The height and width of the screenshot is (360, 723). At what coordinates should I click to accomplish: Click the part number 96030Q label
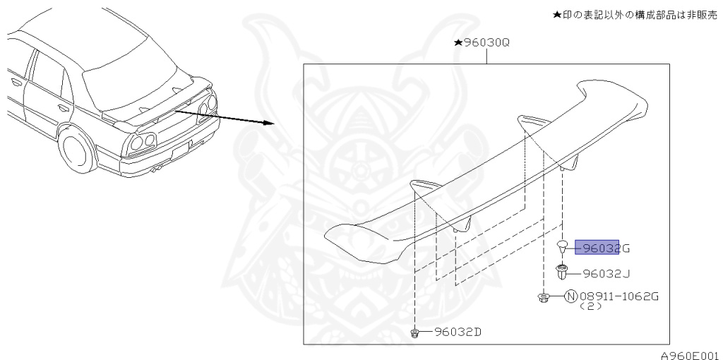(x=487, y=43)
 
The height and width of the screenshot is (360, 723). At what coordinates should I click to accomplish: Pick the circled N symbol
(x=571, y=296)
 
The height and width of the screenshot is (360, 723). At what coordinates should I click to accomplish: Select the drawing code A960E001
(x=689, y=354)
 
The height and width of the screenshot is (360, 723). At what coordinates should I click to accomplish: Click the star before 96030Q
(x=458, y=43)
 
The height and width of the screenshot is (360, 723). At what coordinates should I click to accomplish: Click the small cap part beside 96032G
(x=563, y=246)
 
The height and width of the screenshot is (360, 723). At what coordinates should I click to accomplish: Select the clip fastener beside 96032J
(x=562, y=272)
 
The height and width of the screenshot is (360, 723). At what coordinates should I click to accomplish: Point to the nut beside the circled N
(x=544, y=298)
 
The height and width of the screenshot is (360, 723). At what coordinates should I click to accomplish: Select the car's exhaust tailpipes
(x=158, y=169)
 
